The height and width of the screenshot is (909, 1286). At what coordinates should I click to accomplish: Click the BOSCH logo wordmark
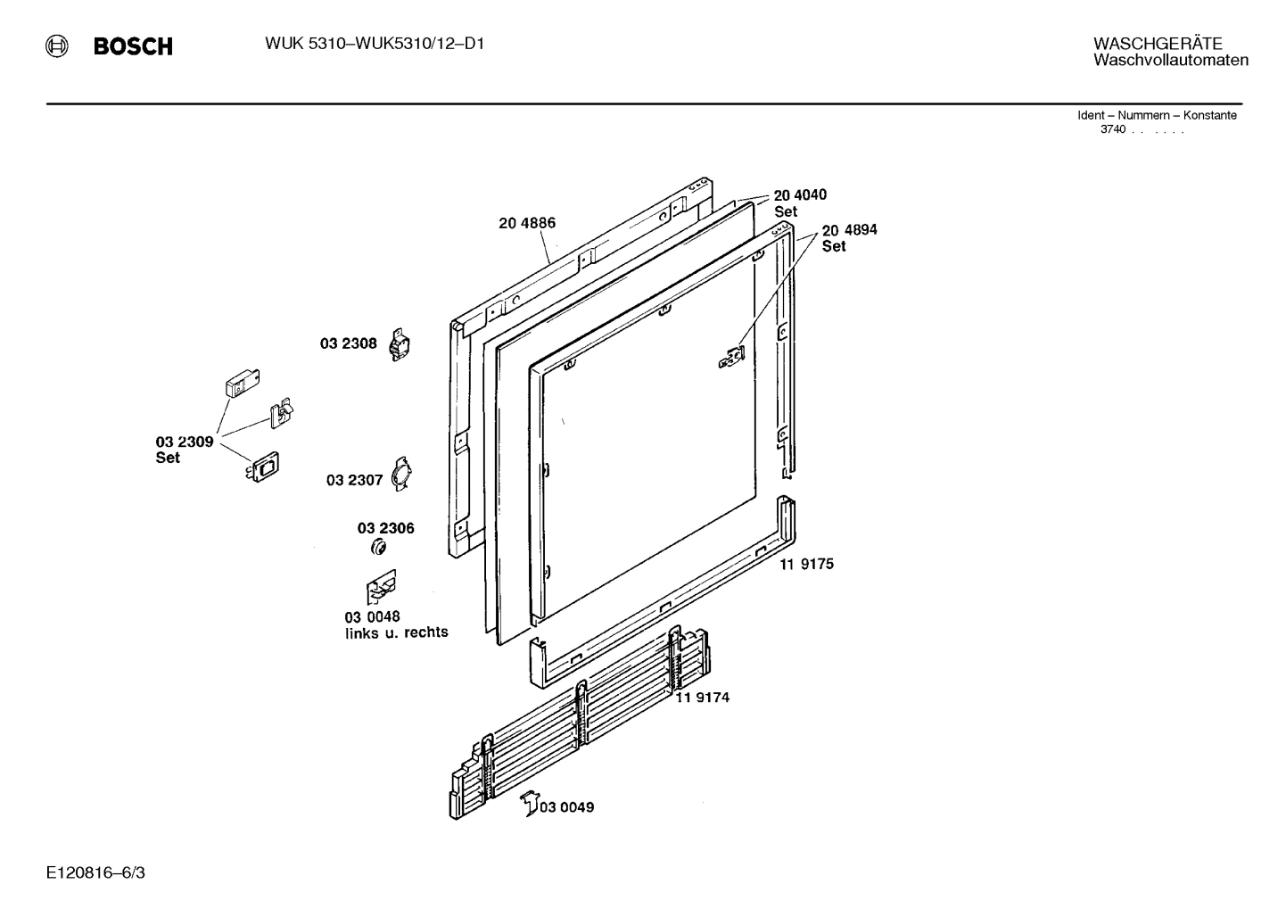click(132, 46)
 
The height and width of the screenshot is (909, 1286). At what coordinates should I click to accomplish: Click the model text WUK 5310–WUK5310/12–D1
click(375, 44)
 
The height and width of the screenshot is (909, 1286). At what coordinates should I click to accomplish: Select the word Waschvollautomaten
click(1170, 61)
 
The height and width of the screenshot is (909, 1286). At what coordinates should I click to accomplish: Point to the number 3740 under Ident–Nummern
click(1112, 129)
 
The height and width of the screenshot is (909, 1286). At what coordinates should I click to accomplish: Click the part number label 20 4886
click(527, 223)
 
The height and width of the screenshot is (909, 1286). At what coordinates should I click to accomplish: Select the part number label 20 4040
click(800, 195)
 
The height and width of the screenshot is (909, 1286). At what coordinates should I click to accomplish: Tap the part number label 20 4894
click(849, 230)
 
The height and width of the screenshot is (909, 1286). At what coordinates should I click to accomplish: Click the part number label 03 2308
click(349, 343)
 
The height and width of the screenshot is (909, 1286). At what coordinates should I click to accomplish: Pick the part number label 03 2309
click(184, 442)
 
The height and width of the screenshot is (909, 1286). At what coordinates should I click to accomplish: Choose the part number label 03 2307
click(354, 480)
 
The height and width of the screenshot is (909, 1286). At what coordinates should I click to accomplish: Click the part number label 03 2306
click(385, 528)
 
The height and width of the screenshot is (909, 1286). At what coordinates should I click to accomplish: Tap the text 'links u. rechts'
click(397, 633)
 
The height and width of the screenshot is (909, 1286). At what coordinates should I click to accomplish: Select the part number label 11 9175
click(806, 564)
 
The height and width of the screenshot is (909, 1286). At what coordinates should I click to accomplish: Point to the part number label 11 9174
click(702, 698)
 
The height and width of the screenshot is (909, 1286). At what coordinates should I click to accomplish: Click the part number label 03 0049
click(566, 807)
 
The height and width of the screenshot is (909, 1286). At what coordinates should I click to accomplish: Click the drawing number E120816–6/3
click(95, 872)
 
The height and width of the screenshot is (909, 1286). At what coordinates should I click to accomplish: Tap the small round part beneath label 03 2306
click(377, 547)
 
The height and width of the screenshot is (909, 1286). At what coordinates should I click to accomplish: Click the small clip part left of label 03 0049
click(529, 802)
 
